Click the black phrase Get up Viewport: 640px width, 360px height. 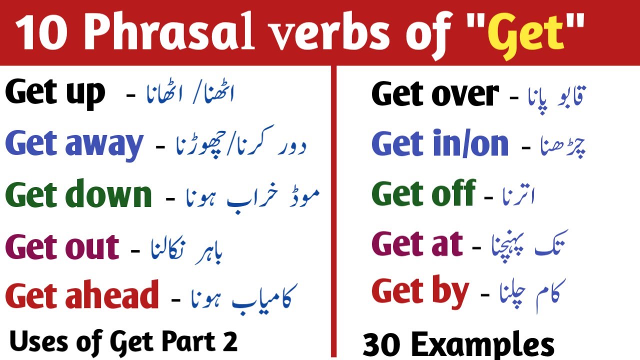[55, 93]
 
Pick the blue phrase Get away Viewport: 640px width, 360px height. [74, 144]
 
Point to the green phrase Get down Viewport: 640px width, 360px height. [78, 195]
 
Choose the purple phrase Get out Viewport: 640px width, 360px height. [62, 246]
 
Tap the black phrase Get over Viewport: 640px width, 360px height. [435, 93]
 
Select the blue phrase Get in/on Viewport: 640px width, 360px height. [440, 144]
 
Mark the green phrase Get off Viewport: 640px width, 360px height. [423, 194]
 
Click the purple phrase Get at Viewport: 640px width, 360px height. [417, 244]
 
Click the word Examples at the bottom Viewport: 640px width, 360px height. [482, 345]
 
